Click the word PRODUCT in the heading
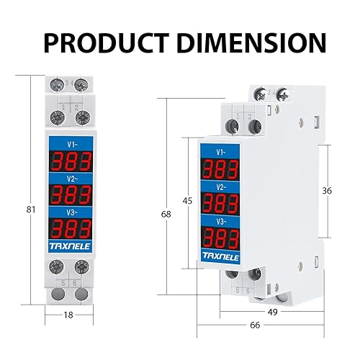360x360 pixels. click(107, 43)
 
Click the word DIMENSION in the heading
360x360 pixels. click(251, 43)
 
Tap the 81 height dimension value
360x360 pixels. click(31, 210)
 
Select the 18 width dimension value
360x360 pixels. click(68, 315)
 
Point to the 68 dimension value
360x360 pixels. click(166, 215)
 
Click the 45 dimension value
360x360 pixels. click(187, 201)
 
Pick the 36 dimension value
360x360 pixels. click(327, 191)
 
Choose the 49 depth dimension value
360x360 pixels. click(272, 312)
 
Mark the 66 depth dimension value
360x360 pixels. click(255, 325)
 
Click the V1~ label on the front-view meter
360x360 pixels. click(72, 145)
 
